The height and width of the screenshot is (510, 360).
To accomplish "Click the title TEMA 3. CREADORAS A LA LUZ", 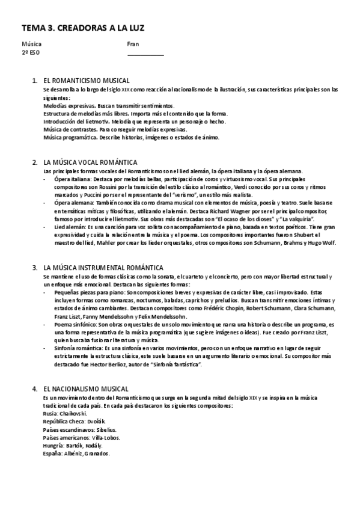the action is tap(83, 28).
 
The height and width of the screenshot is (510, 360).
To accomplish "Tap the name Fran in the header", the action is tap(133, 44).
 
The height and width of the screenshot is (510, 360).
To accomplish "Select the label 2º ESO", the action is tap(31, 52).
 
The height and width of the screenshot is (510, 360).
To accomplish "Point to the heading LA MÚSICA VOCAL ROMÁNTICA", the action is tap(90, 162).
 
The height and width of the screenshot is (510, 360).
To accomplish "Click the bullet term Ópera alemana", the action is tap(71, 203).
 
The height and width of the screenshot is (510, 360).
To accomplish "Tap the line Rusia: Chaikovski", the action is tap(65, 414).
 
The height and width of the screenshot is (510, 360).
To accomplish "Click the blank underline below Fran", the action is tap(145, 54).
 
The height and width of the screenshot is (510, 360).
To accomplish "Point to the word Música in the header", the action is tap(32, 44).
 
